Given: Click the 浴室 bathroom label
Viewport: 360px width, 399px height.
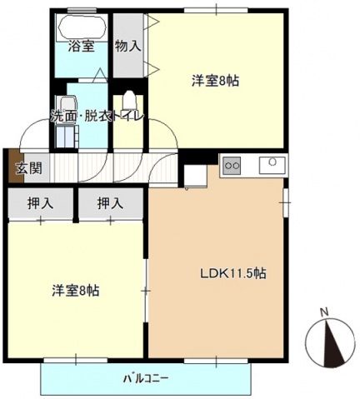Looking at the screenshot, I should (x=80, y=46).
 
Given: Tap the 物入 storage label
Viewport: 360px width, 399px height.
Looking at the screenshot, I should (x=127, y=46).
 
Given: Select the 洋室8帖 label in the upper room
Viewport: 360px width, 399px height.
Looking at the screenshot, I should (x=216, y=81).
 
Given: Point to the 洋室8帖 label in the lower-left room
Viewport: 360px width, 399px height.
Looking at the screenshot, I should (x=76, y=291).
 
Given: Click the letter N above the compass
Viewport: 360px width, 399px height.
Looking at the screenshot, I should (x=325, y=312).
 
